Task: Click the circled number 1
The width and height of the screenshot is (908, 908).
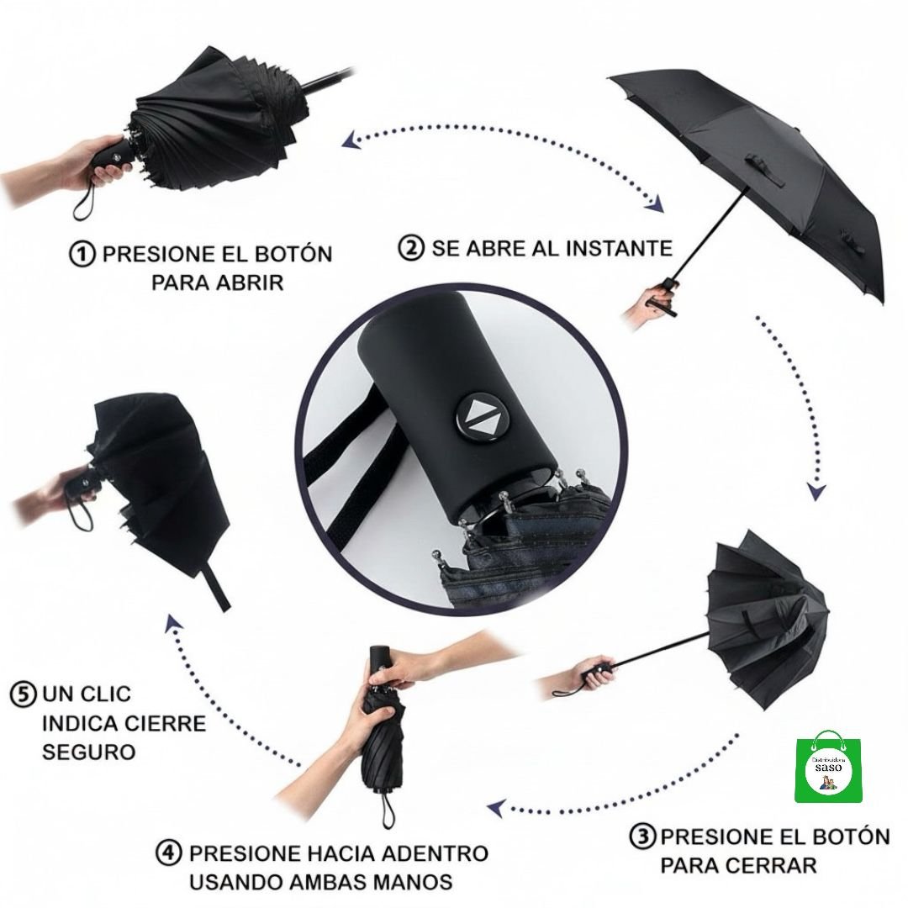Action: click(x=82, y=254)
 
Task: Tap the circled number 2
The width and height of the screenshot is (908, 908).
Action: click(x=411, y=247)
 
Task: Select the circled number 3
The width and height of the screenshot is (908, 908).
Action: click(x=642, y=837)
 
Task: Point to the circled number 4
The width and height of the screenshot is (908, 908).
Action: click(x=168, y=853)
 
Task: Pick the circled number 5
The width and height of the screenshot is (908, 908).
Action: click(x=24, y=694)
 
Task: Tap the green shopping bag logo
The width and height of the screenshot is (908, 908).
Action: click(x=828, y=766)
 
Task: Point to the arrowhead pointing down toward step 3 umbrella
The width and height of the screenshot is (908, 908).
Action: click(x=817, y=492)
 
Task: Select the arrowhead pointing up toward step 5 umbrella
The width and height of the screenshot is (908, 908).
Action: click(x=174, y=624)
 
